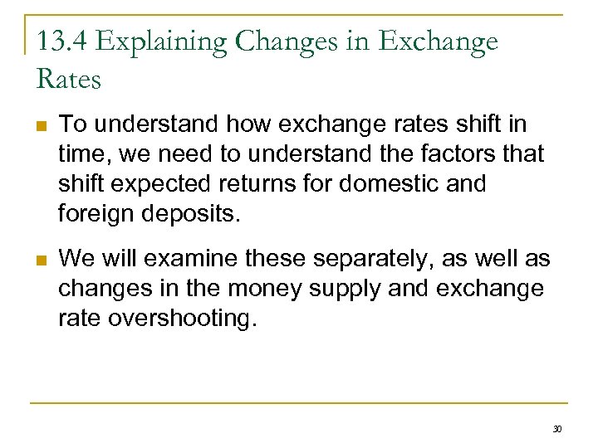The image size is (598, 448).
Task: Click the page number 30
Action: click(x=557, y=429)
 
